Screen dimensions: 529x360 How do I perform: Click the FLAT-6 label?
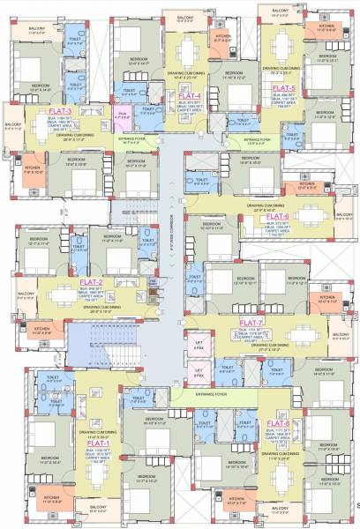coord(278,215)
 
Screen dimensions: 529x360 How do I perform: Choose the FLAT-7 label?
coord(251,323)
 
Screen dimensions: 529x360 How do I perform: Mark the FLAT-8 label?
coord(279,424)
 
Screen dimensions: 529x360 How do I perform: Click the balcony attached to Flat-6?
coord(342,217)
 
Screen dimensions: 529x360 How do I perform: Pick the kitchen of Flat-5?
coord(326,28)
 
